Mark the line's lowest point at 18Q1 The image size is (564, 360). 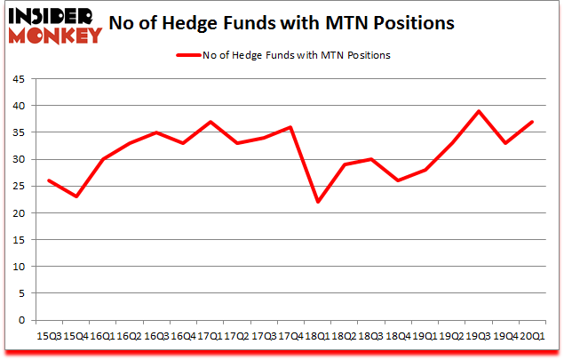[317, 202]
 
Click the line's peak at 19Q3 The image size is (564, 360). [479, 111]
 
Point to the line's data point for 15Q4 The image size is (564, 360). [75, 196]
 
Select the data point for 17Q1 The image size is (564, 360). [210, 122]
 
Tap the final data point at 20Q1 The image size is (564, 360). [533, 122]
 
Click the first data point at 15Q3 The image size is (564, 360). [48, 180]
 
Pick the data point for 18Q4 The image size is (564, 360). [398, 180]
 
